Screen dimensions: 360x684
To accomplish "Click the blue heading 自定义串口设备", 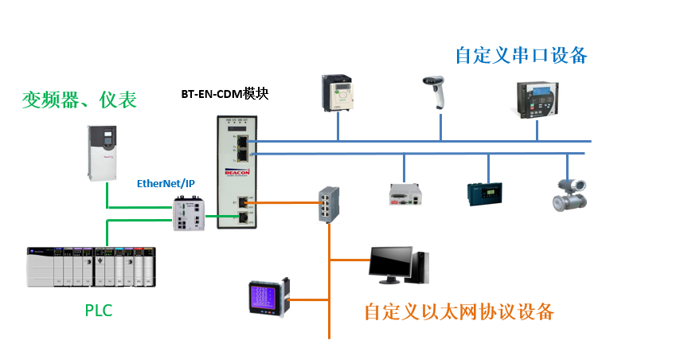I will pyautogui.click(x=521, y=55).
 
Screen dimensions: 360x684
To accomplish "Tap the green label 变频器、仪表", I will pyautogui.click(x=79, y=100).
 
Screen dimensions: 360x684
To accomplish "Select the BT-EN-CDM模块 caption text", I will pyautogui.click(x=225, y=94).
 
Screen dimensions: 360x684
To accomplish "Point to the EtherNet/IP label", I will pyautogui.click(x=166, y=183).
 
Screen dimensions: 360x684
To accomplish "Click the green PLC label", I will pyautogui.click(x=98, y=310).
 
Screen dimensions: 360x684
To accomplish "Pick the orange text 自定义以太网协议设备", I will pyautogui.click(x=459, y=311).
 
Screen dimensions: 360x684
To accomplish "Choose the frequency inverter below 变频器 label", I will pyautogui.click(x=101, y=151).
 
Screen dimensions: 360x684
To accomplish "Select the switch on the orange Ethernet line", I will pyautogui.click(x=328, y=203).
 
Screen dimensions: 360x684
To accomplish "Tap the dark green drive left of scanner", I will pyautogui.click(x=338, y=93).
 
